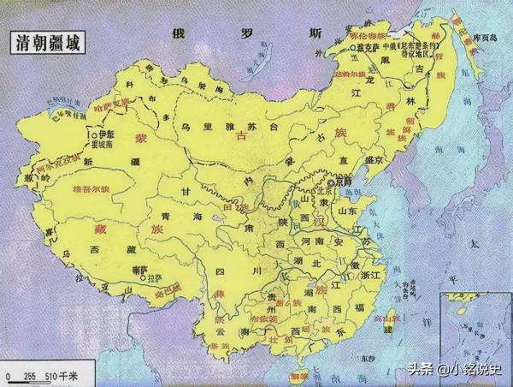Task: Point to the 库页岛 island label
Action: click(484, 37)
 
